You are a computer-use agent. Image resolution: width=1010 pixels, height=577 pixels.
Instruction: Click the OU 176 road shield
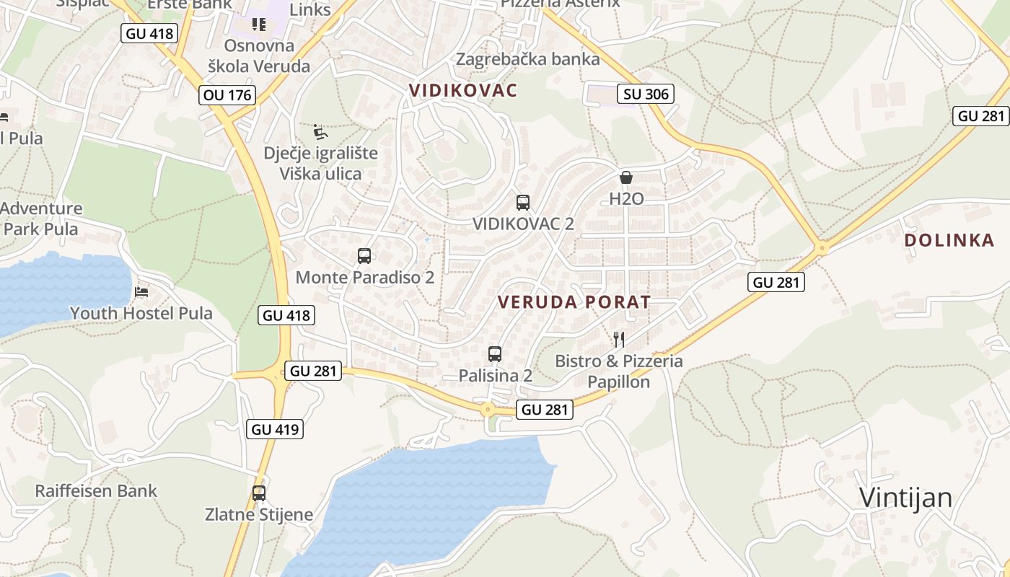(228, 95)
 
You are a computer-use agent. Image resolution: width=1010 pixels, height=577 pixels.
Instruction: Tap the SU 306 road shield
(646, 94)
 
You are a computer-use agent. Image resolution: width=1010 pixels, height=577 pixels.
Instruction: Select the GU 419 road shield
(274, 429)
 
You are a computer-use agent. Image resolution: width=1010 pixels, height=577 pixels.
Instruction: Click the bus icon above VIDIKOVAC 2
(523, 203)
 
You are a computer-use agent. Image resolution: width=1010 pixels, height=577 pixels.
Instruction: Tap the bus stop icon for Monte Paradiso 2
(364, 256)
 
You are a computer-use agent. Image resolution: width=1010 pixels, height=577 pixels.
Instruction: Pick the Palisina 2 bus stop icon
(495, 354)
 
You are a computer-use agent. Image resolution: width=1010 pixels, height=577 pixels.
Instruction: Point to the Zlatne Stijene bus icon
(259, 493)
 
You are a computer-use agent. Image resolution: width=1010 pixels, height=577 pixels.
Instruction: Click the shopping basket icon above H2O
(626, 177)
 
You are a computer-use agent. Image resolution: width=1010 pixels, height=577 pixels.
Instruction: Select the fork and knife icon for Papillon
(618, 339)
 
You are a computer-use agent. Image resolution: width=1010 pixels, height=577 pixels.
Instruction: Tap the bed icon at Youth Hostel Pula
(141, 292)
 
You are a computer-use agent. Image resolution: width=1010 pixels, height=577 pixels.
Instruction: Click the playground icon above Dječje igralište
(320, 132)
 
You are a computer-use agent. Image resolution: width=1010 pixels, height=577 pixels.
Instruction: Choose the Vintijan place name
(905, 498)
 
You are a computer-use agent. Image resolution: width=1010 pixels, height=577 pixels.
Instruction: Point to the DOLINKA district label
(949, 241)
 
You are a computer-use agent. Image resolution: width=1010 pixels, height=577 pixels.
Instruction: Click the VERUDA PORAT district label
(574, 302)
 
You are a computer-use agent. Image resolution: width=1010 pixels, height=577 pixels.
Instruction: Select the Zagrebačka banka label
(527, 59)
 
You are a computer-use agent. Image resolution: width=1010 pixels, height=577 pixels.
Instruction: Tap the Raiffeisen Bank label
(96, 491)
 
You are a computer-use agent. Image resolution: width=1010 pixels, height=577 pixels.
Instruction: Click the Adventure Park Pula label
(41, 219)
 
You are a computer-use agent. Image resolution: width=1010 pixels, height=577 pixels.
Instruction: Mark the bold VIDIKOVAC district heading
(463, 90)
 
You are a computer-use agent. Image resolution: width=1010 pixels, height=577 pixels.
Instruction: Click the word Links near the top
(310, 9)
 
